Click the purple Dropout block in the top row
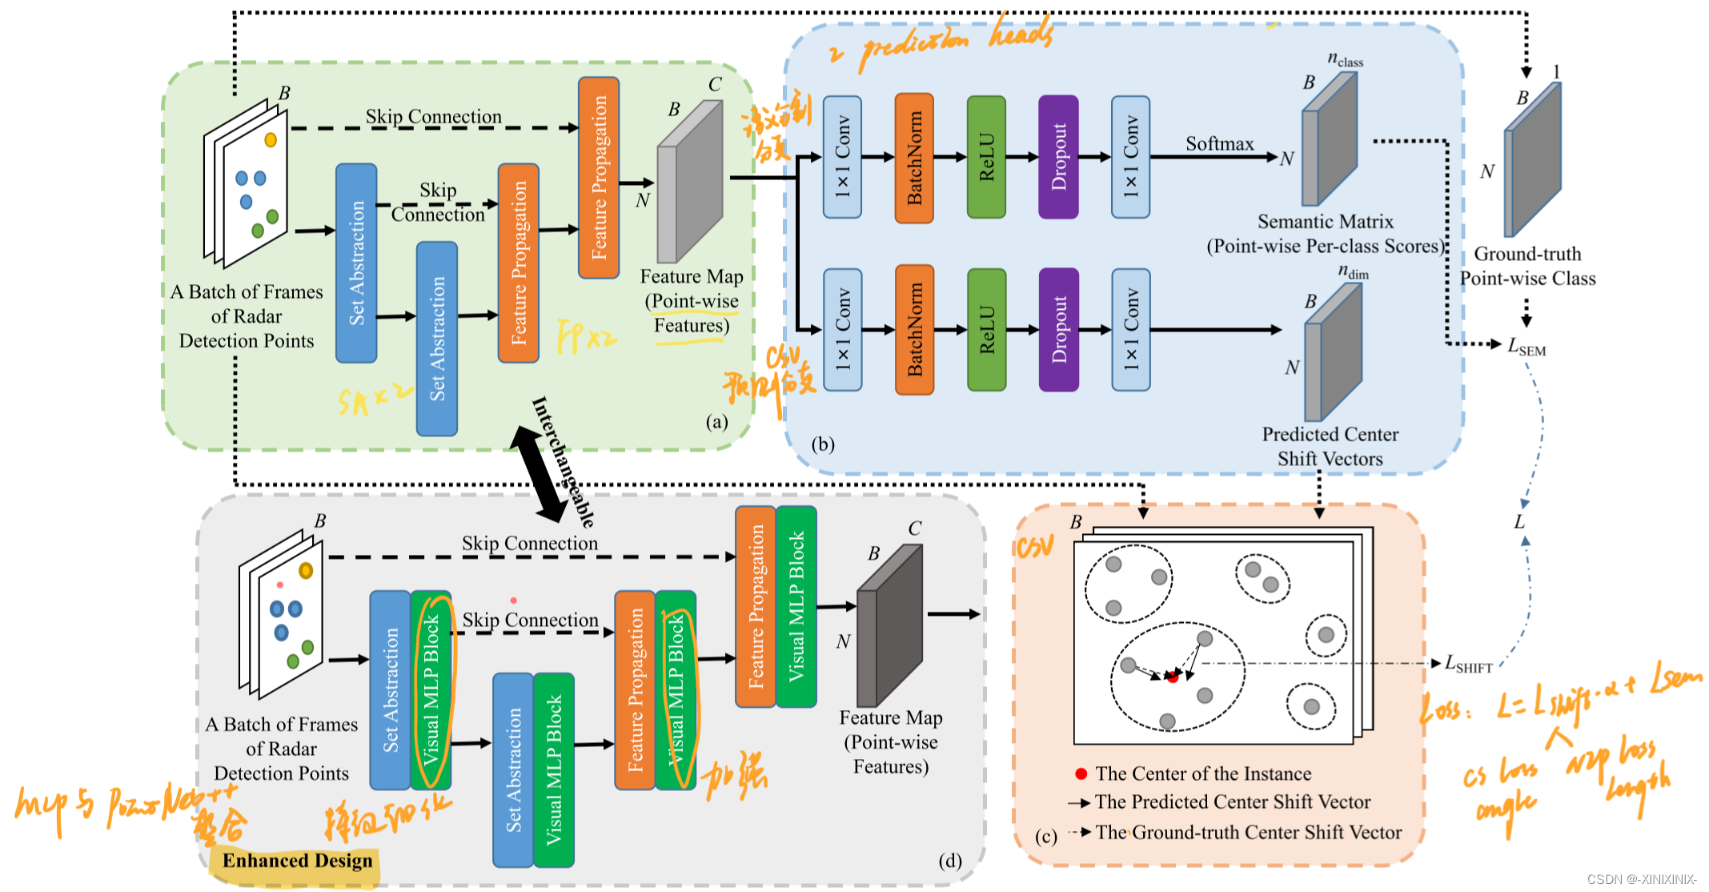click(x=1058, y=157)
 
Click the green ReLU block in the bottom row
click(x=986, y=330)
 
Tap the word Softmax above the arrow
click(x=1219, y=144)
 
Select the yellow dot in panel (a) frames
click(x=271, y=140)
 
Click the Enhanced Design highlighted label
click(x=297, y=861)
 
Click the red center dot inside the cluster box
click(x=1173, y=677)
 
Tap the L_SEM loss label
click(x=1526, y=347)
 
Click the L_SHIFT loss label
click(x=1469, y=664)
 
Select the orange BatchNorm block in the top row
click(x=914, y=158)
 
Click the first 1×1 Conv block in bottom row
click(x=842, y=330)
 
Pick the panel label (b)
click(x=822, y=444)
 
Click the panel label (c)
click(x=1045, y=837)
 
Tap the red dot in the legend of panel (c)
click(x=1081, y=773)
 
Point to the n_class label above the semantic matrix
click(x=1345, y=60)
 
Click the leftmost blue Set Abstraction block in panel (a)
click(x=356, y=263)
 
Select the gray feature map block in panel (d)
click(x=889, y=625)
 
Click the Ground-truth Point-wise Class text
click(x=1527, y=267)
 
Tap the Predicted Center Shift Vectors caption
click(x=1330, y=447)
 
